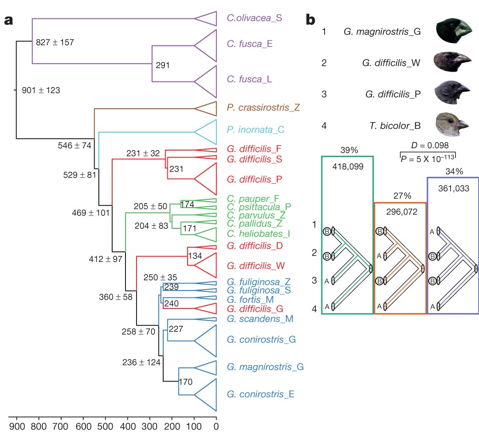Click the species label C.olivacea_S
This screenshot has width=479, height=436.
(254, 18)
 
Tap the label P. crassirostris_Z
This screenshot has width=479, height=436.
(263, 108)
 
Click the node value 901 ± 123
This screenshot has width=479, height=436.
(40, 90)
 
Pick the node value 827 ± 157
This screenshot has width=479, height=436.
(55, 42)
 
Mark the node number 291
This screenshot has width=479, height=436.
(163, 65)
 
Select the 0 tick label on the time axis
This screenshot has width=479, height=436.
(216, 425)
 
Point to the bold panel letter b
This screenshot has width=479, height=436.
(311, 20)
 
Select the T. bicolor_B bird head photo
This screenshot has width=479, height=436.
(452, 123)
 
